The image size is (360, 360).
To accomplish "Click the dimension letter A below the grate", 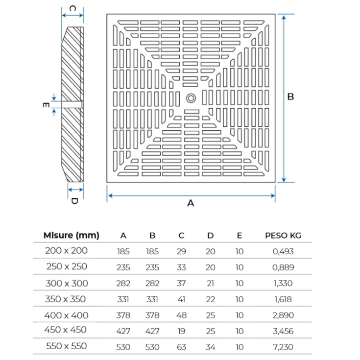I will [x=191, y=203].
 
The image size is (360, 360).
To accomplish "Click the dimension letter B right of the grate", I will [x=290, y=96].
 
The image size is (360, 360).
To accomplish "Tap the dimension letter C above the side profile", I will [x=72, y=8].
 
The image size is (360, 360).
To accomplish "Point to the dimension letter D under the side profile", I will [x=74, y=201].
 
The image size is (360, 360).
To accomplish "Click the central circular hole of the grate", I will [x=191, y=97].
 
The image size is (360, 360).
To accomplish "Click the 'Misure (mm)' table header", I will [x=72, y=235].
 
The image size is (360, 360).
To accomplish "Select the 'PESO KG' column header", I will [x=283, y=236].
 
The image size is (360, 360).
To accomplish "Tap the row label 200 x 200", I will [x=66, y=251].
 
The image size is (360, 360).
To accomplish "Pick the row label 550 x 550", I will [x=66, y=346].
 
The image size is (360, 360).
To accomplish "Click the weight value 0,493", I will [x=283, y=252].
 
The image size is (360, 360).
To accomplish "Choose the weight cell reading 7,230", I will [x=283, y=347].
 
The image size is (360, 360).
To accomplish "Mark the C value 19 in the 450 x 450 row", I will [x=181, y=331].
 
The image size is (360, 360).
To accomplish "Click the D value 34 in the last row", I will [x=210, y=347].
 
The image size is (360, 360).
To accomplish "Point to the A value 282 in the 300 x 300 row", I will [x=123, y=284].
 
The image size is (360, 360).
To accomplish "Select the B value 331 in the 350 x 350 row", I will [x=152, y=299].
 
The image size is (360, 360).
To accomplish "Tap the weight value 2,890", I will [x=283, y=315].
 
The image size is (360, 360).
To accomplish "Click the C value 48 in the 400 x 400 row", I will [x=181, y=315].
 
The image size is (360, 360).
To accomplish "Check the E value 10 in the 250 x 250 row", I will [x=239, y=267].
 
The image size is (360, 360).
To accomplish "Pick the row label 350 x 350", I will [x=66, y=299].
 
